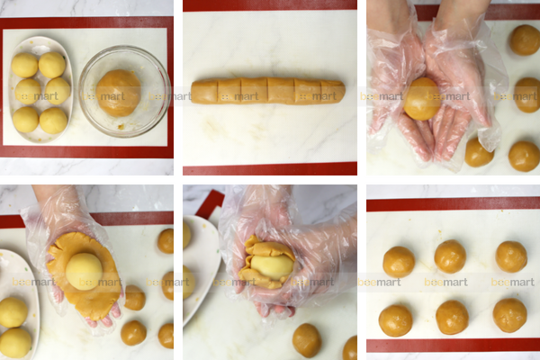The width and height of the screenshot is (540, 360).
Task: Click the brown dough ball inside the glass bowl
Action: pos(119,91)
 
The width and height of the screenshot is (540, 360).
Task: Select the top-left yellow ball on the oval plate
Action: pos(24,65)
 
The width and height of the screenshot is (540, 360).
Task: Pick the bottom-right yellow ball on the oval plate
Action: pos(54,121)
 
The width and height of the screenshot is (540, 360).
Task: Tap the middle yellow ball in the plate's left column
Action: pos(27,91)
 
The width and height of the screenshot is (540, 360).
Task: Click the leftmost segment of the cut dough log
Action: pos(203,92)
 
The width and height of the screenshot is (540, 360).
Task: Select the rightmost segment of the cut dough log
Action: pos(332,91)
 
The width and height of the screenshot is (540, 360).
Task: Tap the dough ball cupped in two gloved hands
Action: pos(422,99)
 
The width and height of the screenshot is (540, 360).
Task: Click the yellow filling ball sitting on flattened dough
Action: pos(85,271)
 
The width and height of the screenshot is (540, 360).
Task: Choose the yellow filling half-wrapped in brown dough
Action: pos(273,265)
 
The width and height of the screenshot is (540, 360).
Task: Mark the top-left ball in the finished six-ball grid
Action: pos(399,262)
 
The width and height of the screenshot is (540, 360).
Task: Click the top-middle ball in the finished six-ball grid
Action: pos(450,256)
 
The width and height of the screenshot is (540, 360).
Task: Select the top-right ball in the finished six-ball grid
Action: pos(511,256)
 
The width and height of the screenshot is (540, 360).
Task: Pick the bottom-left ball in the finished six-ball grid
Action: pos(396,319)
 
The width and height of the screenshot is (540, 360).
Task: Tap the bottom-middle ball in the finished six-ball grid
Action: pos(452,317)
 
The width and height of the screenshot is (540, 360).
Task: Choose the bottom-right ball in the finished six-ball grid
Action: pos(509,315)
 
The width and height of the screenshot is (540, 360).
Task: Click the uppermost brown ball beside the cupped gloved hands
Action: pos(524,40)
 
